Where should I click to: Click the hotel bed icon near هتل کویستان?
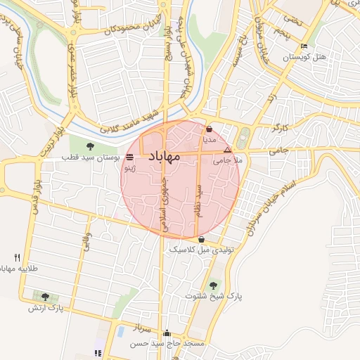[304, 46]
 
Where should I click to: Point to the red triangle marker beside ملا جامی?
[226, 150]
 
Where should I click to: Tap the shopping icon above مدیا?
[210, 129]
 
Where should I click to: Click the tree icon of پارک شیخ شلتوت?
[213, 285]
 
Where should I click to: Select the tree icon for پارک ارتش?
[46, 297]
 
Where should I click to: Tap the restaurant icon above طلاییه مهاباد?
[17, 258]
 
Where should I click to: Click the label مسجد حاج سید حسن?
[169, 344]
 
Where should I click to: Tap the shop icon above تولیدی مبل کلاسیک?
[202, 240]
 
